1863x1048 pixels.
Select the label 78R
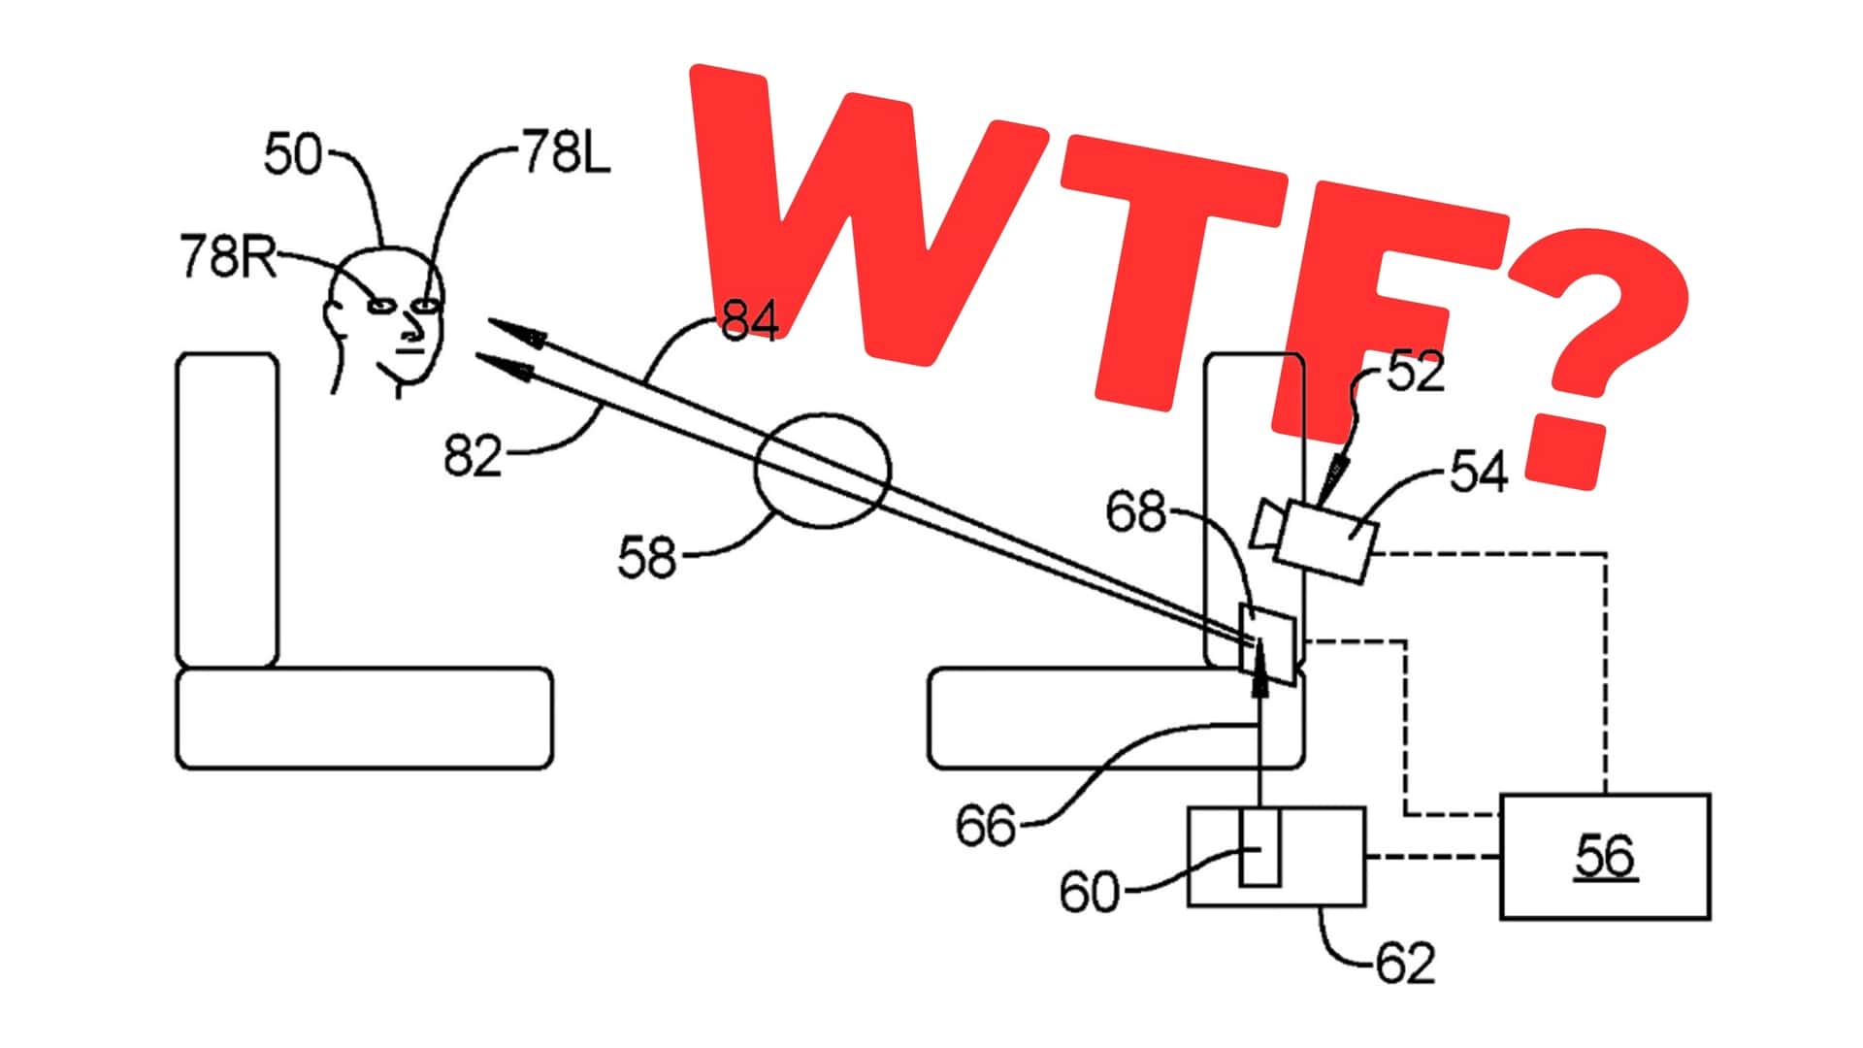[228, 257]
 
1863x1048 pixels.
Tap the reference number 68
[1136, 512]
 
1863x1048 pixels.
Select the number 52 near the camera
[1416, 372]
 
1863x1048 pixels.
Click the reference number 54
[1480, 473]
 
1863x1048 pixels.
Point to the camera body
[1325, 540]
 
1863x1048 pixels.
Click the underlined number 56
[1606, 856]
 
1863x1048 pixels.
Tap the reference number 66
[985, 826]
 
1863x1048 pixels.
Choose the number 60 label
[1089, 892]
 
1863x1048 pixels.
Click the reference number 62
[1405, 964]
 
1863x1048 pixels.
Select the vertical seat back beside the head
[227, 510]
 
